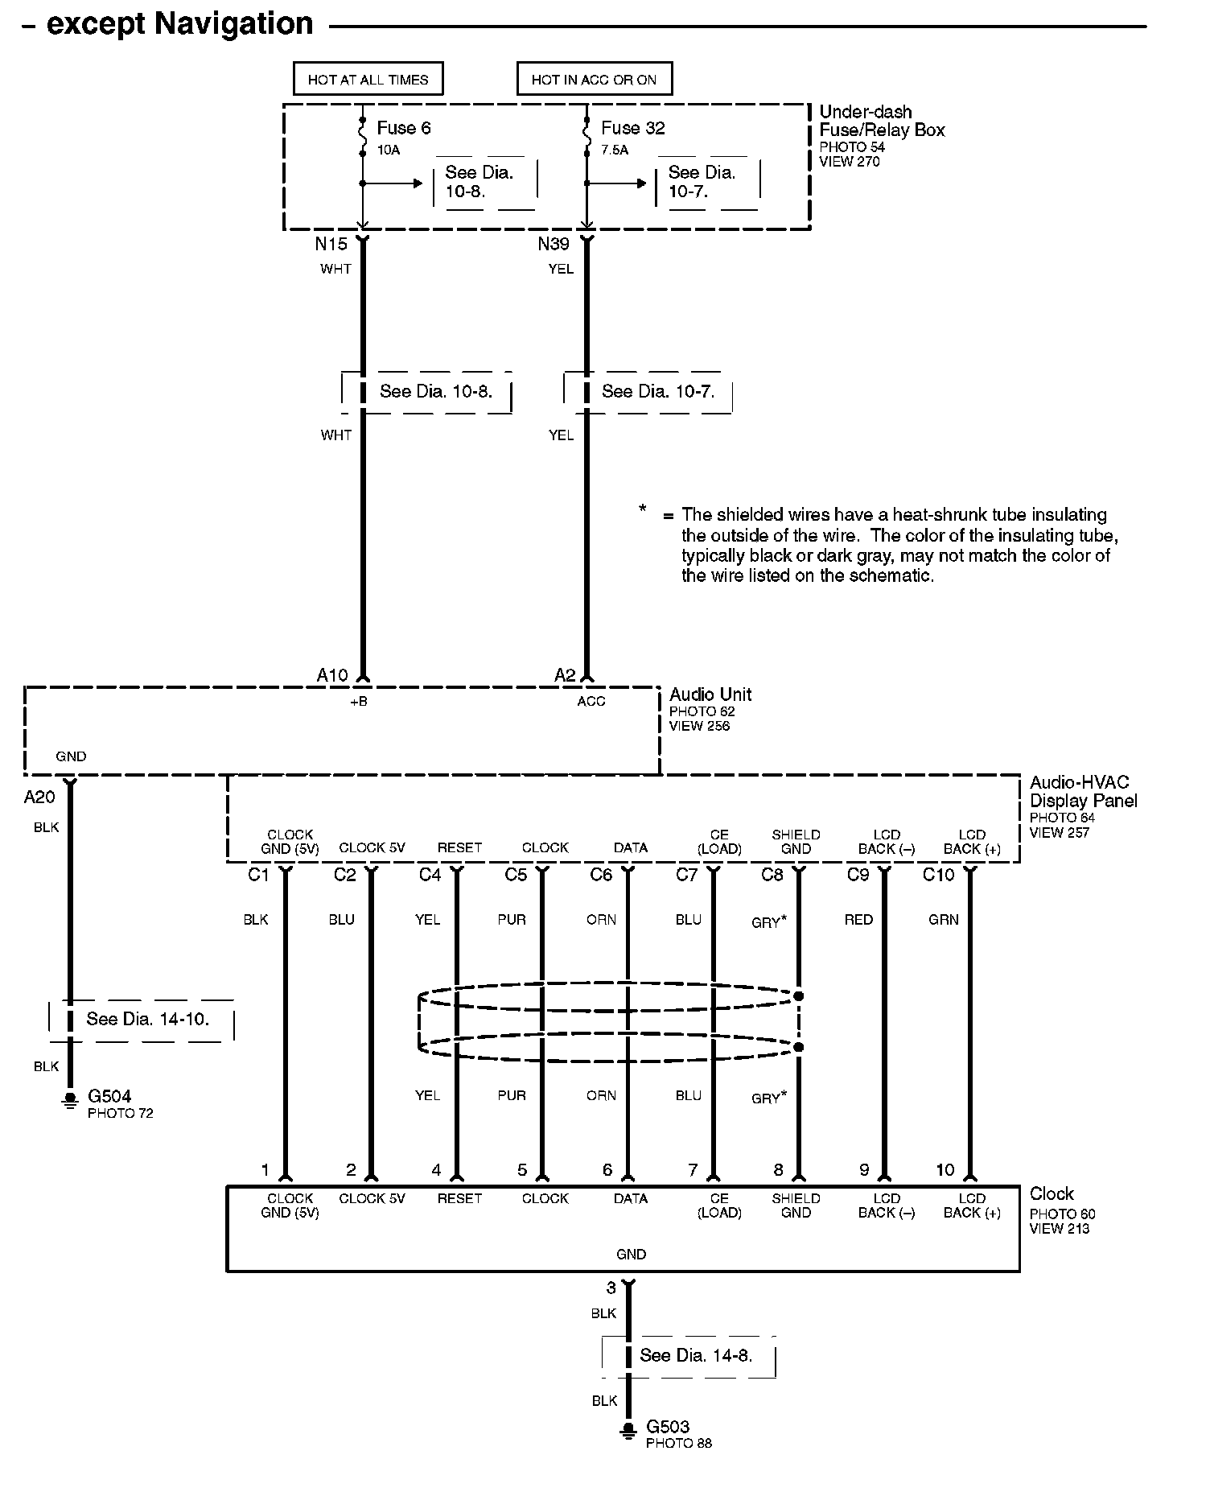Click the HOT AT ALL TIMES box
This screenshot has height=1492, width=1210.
coord(368,80)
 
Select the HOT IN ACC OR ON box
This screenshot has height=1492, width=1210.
coord(594,80)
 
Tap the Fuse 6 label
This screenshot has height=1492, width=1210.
coord(404,128)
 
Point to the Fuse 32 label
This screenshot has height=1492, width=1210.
coord(632,128)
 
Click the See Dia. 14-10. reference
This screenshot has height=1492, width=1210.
coord(147,1020)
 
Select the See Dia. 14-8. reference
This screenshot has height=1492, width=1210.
coord(696,1356)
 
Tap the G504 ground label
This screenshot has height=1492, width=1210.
coord(109,1096)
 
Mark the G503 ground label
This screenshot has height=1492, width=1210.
coord(668,1427)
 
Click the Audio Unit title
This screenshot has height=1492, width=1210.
coord(710,694)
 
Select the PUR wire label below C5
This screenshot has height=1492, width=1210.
coord(512,920)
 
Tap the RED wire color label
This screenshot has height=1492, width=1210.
coord(858,920)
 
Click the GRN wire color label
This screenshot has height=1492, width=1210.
coord(944,920)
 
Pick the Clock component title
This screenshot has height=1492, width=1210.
coord(1052,1194)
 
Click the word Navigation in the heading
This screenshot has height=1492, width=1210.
coord(233,24)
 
